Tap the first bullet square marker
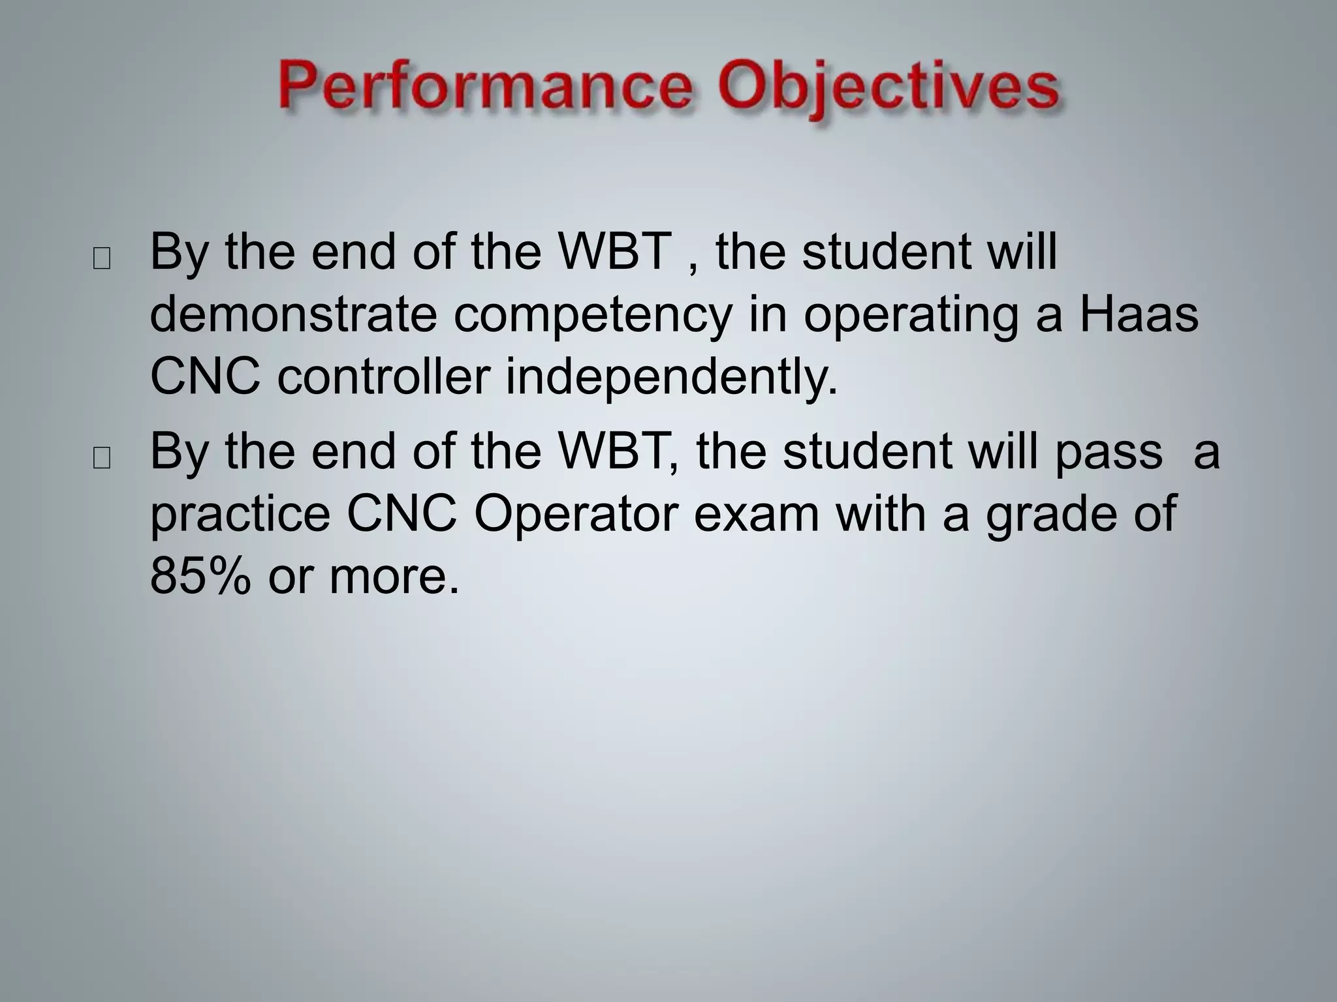102,259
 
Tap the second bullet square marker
102,459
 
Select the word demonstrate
293,314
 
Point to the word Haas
1138,314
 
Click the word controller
383,377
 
